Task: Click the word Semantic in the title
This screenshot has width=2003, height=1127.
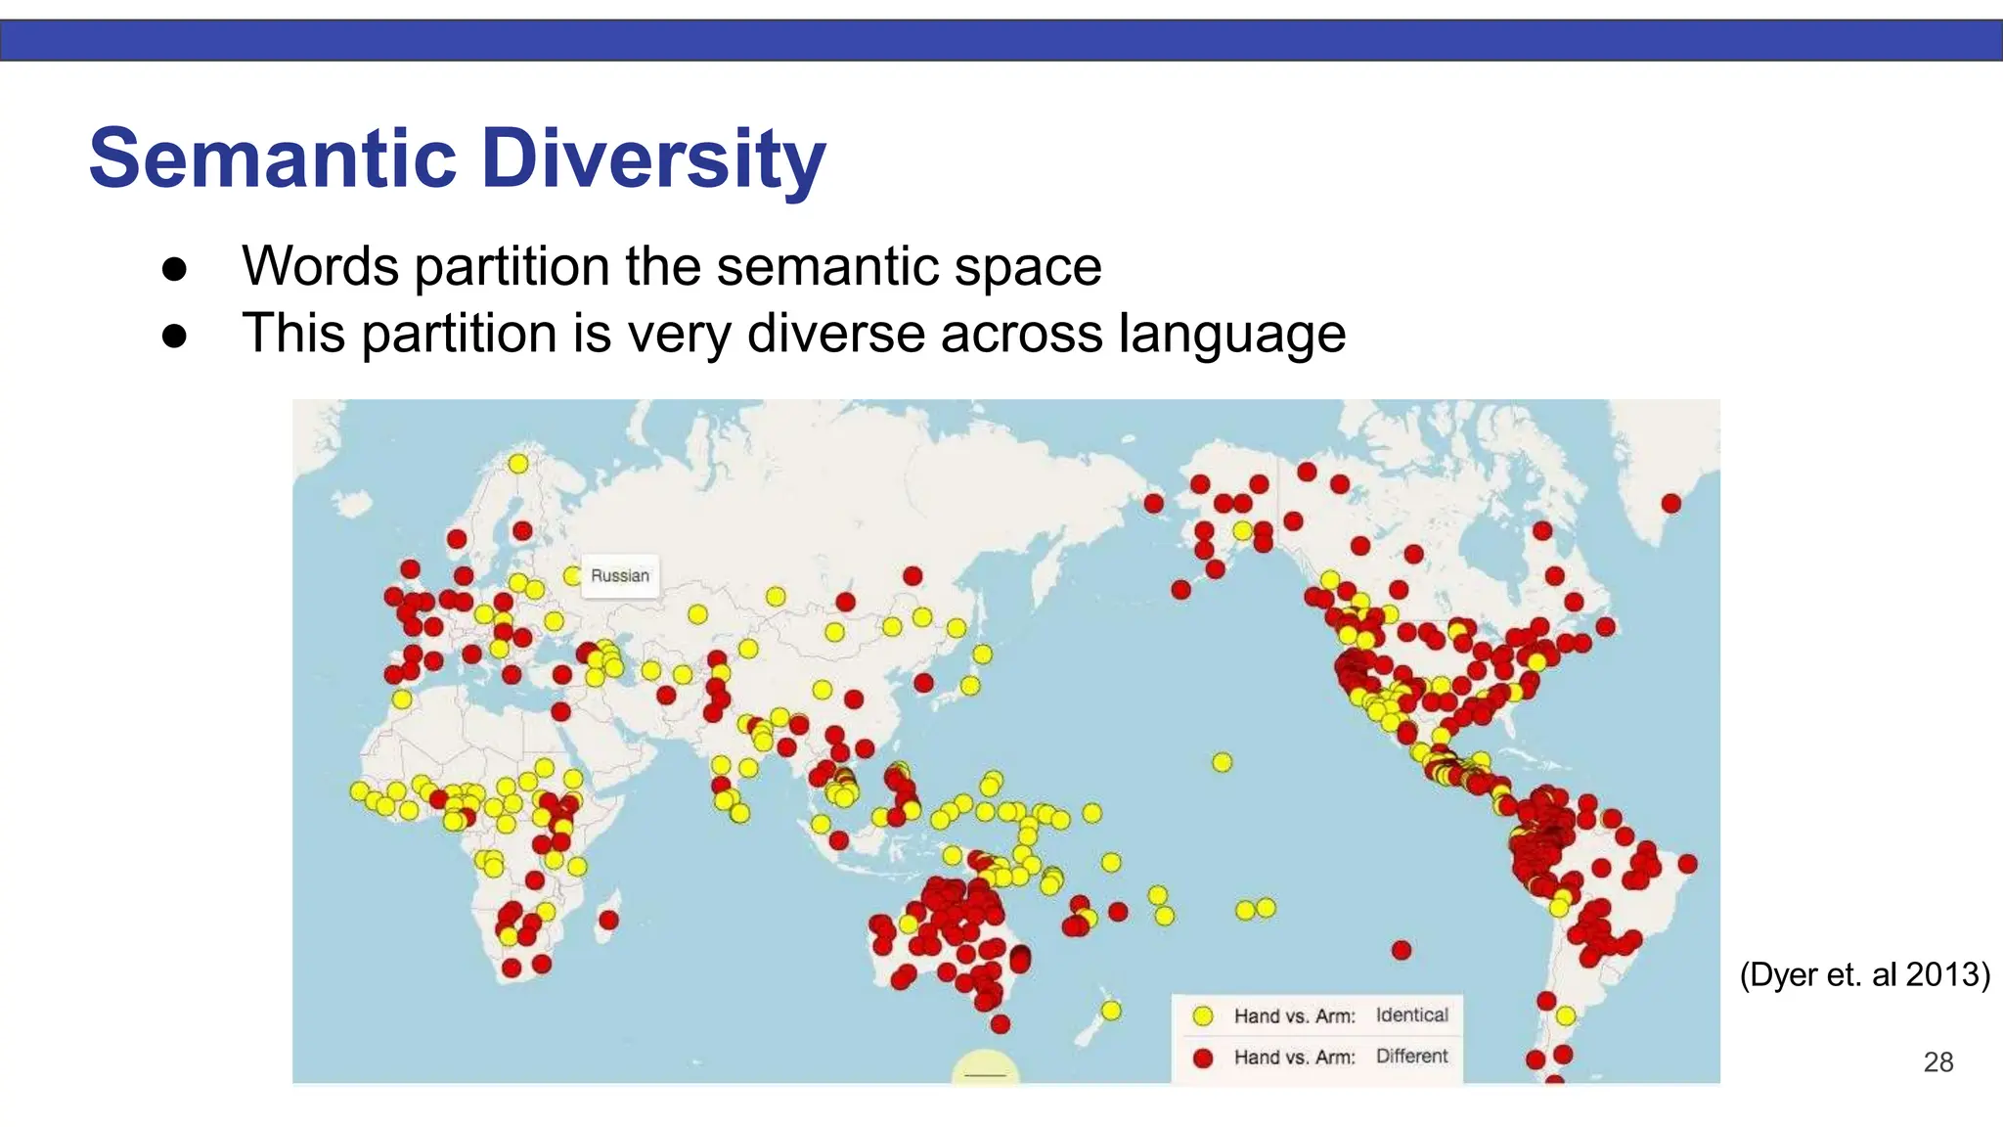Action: pyautogui.click(x=273, y=158)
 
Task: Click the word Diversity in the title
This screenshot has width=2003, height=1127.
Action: pyautogui.click(x=653, y=158)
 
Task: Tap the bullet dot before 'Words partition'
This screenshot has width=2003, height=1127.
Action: pyautogui.click(x=174, y=269)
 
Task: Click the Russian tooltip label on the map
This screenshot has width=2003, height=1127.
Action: pyautogui.click(x=620, y=576)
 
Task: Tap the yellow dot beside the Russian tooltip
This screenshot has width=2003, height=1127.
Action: pyautogui.click(x=573, y=576)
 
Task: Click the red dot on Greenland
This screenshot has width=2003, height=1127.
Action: pyautogui.click(x=1670, y=504)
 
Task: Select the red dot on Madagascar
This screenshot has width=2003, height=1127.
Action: pyautogui.click(x=608, y=920)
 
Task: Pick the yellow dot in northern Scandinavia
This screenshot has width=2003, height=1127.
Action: pyautogui.click(x=518, y=464)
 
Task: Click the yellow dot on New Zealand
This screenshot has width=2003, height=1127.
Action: pyautogui.click(x=1111, y=1010)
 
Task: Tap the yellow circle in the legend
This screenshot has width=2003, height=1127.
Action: pyautogui.click(x=1203, y=1016)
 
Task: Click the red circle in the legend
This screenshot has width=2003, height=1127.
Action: pyautogui.click(x=1203, y=1058)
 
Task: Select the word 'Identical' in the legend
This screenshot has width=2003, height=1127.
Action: pyautogui.click(x=1411, y=1015)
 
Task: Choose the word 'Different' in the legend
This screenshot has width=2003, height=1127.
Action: pyautogui.click(x=1411, y=1057)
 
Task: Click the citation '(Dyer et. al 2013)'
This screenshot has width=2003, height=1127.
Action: pyautogui.click(x=1864, y=974)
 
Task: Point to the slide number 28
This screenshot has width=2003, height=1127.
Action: pyautogui.click(x=1937, y=1062)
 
